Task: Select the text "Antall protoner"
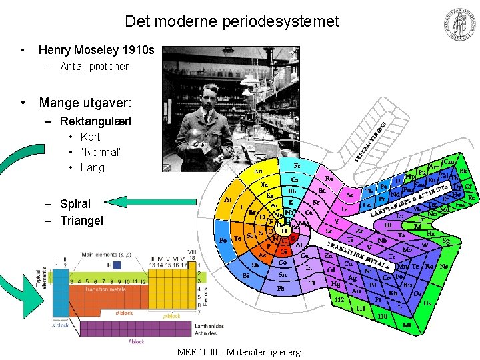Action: click(x=94, y=67)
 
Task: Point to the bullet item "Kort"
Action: click(x=90, y=137)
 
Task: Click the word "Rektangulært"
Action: click(x=95, y=121)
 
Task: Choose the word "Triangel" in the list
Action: click(x=81, y=220)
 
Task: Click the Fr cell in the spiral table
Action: click(x=297, y=165)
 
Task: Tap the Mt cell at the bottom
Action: click(x=407, y=325)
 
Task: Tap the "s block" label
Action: click(x=60, y=325)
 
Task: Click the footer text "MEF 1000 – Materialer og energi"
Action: click(x=239, y=351)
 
